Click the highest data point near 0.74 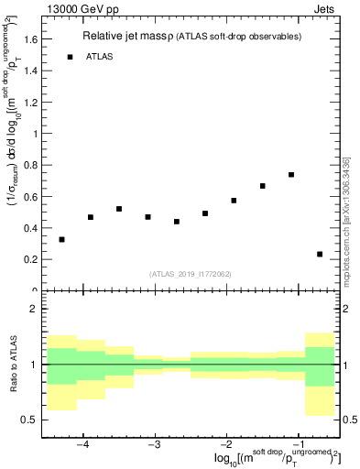290,174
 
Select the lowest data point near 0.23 320,254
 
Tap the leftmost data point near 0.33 61,239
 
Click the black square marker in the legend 70,57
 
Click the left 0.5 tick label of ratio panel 28,420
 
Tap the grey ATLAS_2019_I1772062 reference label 189,273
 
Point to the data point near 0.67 262,186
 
